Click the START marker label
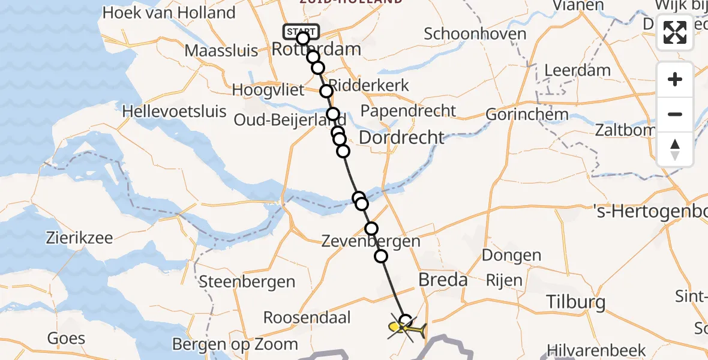pyautogui.click(x=301, y=31)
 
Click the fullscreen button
pyautogui.click(x=675, y=32)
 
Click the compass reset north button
pyautogui.click(x=675, y=149)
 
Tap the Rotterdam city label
pyautogui.click(x=316, y=49)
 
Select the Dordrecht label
pyautogui.click(x=401, y=137)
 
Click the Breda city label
pyautogui.click(x=443, y=280)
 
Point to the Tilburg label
pyautogui.click(x=577, y=302)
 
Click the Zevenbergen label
pyautogui.click(x=370, y=242)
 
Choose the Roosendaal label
pyautogui.click(x=307, y=317)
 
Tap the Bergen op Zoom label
pyautogui.click(x=235, y=344)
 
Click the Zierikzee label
pyautogui.click(x=80, y=238)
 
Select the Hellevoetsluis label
pyautogui.click(x=175, y=111)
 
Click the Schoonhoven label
pyautogui.click(x=475, y=34)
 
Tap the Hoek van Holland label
pyautogui.click(x=169, y=13)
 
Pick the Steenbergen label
pyautogui.click(x=247, y=281)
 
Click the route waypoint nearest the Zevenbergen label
pyautogui.click(x=371, y=229)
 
